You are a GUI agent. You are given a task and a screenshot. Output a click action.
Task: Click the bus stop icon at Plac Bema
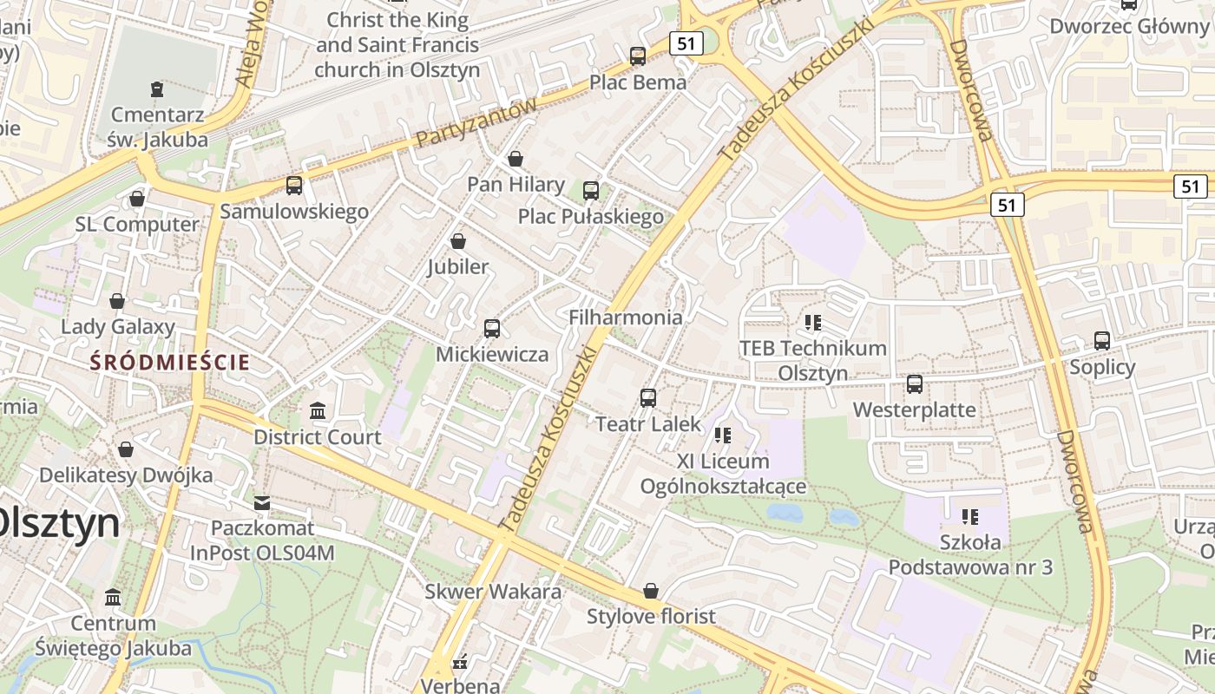pos(638,56)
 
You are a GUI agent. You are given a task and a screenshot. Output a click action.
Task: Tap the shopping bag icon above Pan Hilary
pos(516,159)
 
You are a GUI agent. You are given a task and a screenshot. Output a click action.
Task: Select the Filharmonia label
pos(625,318)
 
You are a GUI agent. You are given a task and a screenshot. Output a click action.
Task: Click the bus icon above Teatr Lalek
pos(647,398)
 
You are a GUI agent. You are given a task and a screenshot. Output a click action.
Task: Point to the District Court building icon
pos(318,410)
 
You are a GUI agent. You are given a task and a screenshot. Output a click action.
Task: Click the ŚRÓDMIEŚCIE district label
pos(171,363)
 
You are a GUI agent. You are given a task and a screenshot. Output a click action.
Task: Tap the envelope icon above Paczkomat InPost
pos(262,502)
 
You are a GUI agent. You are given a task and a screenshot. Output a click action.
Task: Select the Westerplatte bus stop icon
pos(914,383)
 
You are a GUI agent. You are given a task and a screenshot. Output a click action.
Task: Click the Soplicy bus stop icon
pos(1102,341)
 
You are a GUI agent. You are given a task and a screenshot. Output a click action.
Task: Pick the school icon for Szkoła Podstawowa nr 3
pos(970,517)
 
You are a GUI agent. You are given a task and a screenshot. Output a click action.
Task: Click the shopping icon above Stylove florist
pos(651,591)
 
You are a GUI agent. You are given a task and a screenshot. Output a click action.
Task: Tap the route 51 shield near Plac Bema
pos(686,43)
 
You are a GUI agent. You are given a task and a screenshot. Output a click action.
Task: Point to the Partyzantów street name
pos(476,122)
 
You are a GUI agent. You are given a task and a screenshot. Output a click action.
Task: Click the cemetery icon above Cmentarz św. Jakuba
pos(157,88)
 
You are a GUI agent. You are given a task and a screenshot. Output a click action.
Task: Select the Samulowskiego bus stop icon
pos(294,185)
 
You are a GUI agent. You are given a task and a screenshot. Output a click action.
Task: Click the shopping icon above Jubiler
pos(458,240)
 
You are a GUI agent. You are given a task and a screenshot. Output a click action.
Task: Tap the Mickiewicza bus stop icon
pos(492,328)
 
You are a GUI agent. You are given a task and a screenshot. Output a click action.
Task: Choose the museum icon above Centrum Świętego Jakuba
pos(113,597)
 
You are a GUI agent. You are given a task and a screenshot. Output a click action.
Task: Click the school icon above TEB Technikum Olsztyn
pos(813,323)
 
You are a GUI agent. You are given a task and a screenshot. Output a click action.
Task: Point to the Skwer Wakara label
pos(493,592)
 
